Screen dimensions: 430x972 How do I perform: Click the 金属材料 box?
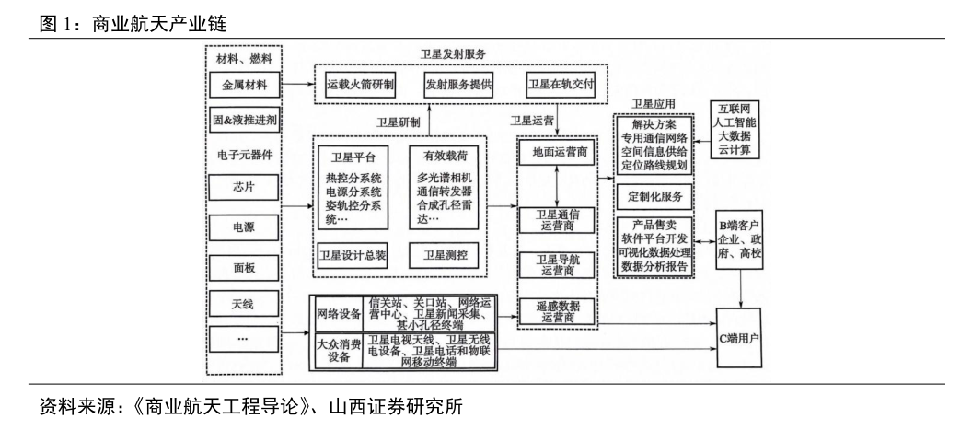(x=242, y=86)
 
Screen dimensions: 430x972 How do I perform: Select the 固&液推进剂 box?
(x=242, y=120)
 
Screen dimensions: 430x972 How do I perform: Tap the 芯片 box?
(x=242, y=188)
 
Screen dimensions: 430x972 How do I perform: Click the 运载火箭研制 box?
(x=361, y=85)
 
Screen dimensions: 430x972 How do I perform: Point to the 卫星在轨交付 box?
(x=561, y=85)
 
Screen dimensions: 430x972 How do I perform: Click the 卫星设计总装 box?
(x=353, y=254)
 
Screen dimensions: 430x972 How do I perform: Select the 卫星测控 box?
(x=446, y=254)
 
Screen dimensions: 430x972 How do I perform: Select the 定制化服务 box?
(x=654, y=196)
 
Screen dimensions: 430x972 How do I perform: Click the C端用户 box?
(x=738, y=338)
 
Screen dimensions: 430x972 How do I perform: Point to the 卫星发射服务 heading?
(x=453, y=54)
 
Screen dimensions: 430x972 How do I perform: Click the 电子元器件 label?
(x=242, y=154)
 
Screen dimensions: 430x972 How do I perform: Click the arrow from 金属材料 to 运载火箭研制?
(x=296, y=85)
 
